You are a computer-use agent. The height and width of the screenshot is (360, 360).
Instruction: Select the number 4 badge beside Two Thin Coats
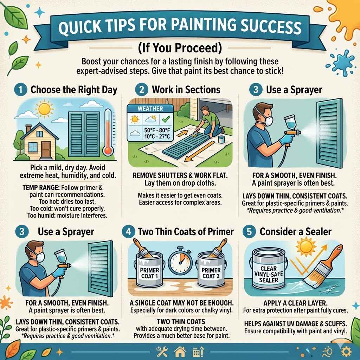[128, 232]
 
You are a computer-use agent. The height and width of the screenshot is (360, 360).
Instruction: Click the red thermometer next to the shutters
[108, 132]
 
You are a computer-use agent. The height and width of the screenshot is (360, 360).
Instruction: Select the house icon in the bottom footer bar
[180, 351]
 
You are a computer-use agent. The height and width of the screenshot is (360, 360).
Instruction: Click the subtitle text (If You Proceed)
[180, 47]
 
